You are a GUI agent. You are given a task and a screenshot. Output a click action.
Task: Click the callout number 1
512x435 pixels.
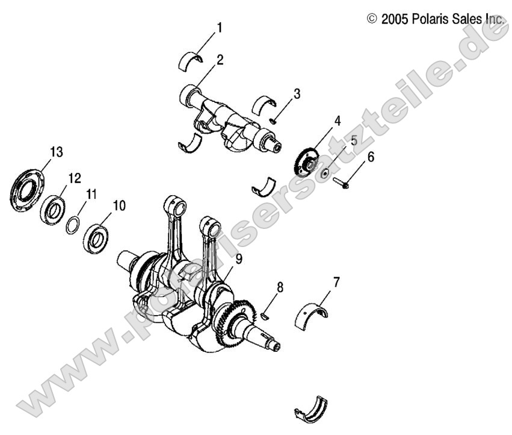[220, 27]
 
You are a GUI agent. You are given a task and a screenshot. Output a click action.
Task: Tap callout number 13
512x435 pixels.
[56, 152]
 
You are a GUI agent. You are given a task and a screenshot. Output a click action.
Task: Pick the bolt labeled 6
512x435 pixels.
[342, 183]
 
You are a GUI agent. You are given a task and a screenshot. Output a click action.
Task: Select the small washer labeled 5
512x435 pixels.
[325, 174]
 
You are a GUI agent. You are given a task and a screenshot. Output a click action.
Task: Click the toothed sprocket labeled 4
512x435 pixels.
[307, 162]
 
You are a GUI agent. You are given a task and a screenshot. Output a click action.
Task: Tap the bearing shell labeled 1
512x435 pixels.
[192, 60]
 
